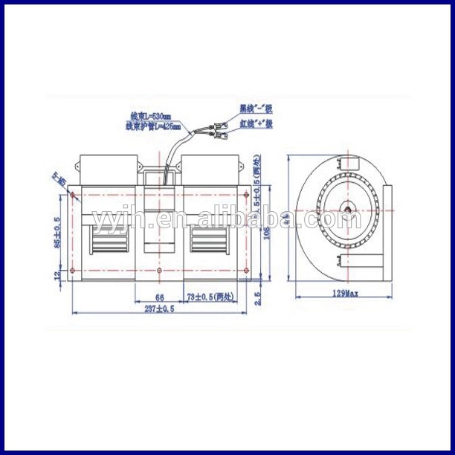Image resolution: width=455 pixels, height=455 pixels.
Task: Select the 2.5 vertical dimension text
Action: pyautogui.click(x=258, y=297)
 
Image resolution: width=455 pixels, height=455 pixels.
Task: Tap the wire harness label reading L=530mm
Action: pyautogui.click(x=151, y=116)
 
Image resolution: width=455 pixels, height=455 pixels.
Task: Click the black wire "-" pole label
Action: pyautogui.click(x=255, y=108)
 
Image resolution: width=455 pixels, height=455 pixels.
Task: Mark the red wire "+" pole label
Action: pyautogui.click(x=255, y=123)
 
